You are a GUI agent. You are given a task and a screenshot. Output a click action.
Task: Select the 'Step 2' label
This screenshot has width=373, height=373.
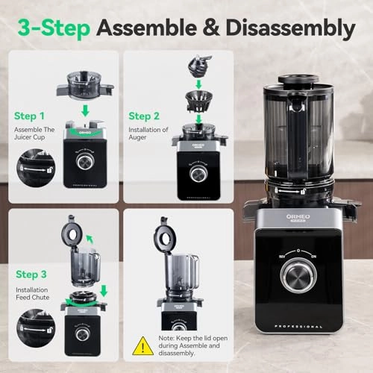[x=145, y=116]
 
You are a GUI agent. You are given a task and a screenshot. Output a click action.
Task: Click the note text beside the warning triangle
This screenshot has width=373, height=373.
[x=180, y=346]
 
